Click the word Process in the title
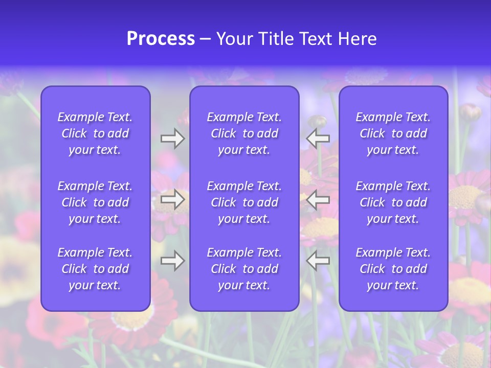(161, 39)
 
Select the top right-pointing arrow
(172, 139)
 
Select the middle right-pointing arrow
(172, 199)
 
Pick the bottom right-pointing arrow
(172, 261)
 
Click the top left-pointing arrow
(318, 139)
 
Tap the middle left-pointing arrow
(318, 199)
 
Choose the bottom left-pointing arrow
(318, 261)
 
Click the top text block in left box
(95, 133)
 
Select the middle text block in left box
(95, 202)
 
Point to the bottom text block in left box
(95, 269)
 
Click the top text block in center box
(244, 133)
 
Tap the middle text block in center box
(244, 202)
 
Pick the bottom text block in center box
(244, 269)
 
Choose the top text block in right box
(393, 133)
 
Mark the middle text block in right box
(393, 202)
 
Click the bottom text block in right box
(393, 269)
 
